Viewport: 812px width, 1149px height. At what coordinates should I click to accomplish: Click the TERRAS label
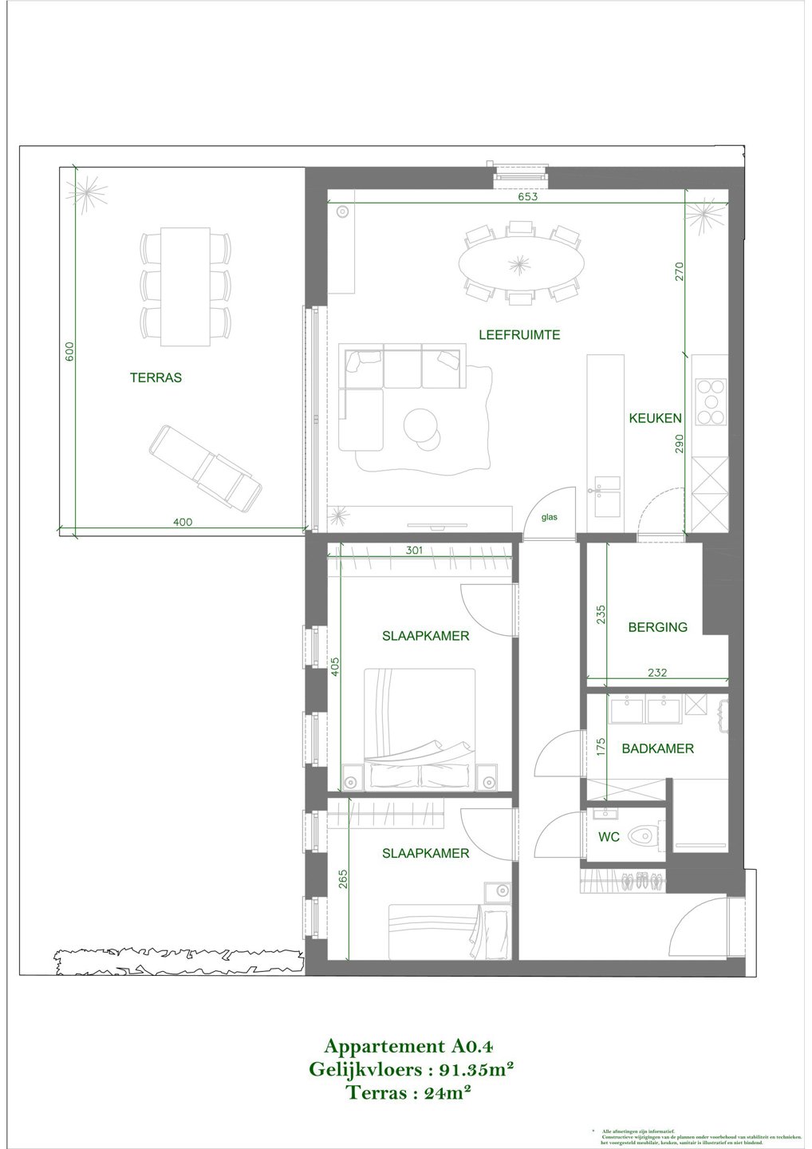[156, 377]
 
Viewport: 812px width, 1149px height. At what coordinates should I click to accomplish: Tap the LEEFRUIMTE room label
[519, 335]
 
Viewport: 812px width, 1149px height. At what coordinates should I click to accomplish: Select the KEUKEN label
[655, 418]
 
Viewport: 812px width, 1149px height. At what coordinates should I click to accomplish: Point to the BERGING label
[657, 627]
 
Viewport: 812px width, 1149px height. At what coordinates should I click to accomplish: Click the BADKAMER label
[657, 748]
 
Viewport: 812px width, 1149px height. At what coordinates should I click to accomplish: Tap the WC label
[609, 838]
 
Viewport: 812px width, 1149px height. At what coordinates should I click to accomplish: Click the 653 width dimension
[528, 197]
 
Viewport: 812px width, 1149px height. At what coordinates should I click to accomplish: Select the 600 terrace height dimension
[69, 352]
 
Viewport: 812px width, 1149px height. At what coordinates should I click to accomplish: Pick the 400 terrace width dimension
[183, 523]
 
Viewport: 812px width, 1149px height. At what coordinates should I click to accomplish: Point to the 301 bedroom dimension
[413, 550]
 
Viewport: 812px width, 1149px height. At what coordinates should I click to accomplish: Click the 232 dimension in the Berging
[656, 673]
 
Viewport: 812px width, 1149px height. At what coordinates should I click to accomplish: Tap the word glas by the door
[550, 517]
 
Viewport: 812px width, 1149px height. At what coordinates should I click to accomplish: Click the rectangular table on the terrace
[185, 287]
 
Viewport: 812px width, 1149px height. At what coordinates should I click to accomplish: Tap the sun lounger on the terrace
[207, 468]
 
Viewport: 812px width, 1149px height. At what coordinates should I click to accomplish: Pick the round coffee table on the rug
[421, 424]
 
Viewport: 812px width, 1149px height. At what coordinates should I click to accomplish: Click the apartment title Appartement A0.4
[410, 1046]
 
